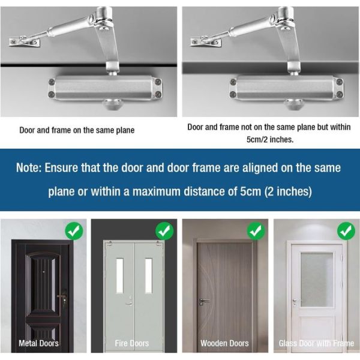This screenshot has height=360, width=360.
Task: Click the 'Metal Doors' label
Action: point(40,343)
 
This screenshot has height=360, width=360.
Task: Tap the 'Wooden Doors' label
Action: point(224,343)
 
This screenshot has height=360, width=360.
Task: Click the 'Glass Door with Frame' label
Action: point(316,343)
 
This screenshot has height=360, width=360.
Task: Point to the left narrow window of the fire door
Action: point(119,275)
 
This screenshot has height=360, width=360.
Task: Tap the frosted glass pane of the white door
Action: point(317,279)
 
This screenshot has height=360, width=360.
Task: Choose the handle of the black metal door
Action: point(62,297)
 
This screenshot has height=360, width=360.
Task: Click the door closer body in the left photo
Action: point(105,88)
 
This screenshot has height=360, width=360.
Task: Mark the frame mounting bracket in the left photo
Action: point(25,42)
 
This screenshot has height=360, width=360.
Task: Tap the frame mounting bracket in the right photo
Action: point(206,42)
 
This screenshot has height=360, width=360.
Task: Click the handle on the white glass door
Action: point(295,302)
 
